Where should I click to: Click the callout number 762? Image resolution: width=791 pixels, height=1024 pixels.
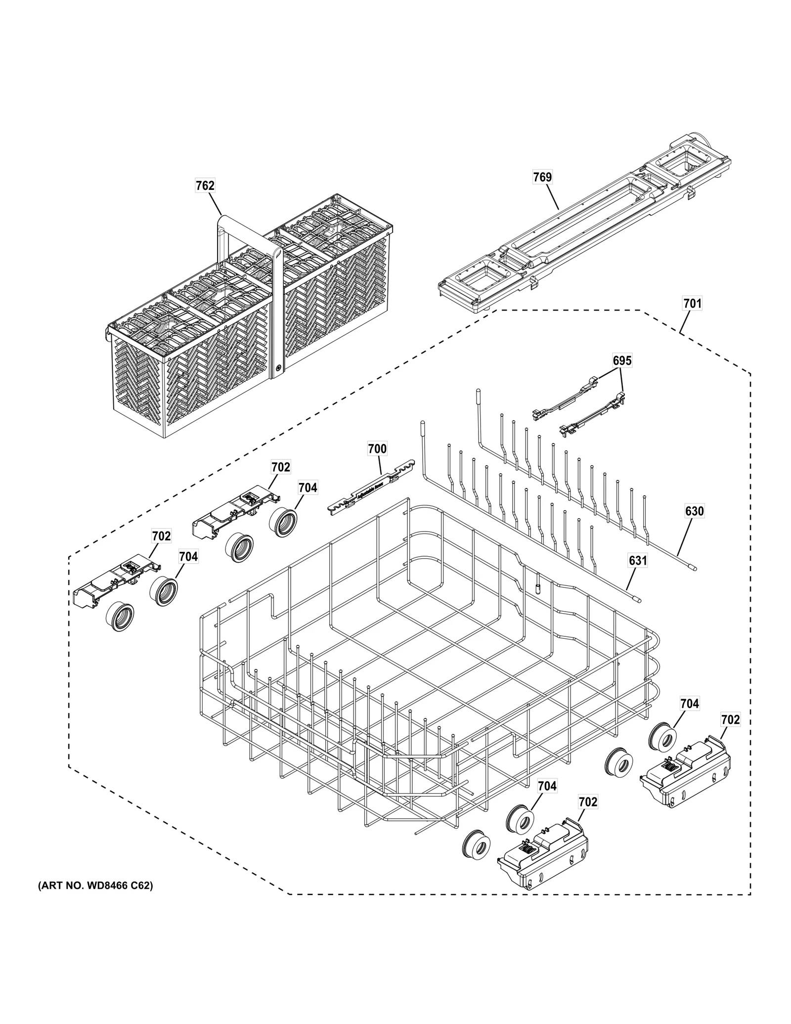[x=205, y=185]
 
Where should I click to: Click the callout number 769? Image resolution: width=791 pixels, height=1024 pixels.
[x=542, y=177]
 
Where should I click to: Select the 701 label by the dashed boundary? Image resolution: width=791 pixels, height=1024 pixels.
[x=692, y=303]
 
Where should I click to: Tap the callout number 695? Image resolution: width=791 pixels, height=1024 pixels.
[x=622, y=360]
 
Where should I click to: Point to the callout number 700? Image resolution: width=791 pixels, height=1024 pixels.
[x=377, y=449]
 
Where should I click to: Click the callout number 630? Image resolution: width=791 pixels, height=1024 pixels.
[x=694, y=511]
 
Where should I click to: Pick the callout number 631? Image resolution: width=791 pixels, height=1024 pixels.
[x=638, y=561]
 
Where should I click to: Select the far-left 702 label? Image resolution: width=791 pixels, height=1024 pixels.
[x=161, y=536]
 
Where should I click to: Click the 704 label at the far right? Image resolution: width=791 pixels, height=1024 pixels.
[x=689, y=703]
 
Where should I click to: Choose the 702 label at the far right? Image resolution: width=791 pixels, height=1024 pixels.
[x=730, y=720]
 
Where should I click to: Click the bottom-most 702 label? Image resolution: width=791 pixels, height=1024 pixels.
[x=588, y=802]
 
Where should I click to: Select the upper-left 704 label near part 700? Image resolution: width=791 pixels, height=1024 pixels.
[x=308, y=488]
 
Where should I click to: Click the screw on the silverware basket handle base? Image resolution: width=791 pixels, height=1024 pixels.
[x=278, y=368]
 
